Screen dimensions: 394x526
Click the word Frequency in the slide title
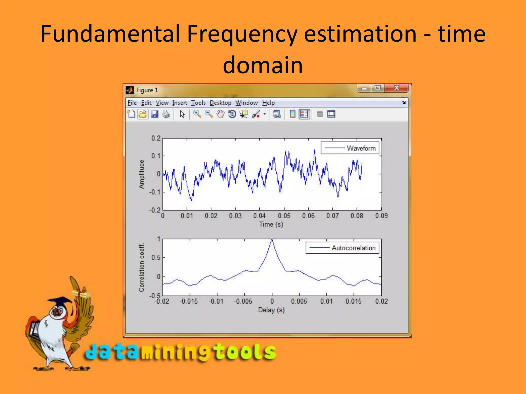[x=241, y=34]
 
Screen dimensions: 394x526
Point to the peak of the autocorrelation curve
[x=272, y=240]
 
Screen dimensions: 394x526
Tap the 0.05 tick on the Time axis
[x=284, y=216]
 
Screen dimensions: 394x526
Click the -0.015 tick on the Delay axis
[x=189, y=301]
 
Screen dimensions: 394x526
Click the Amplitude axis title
[x=142, y=174]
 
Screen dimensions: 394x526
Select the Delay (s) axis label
[x=271, y=310]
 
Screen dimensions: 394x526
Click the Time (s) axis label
[x=271, y=224]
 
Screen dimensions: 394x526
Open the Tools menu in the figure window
[x=198, y=103]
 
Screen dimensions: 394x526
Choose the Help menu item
[x=268, y=103]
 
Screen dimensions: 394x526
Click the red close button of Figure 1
[x=397, y=88]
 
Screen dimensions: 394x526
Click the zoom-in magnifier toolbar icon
[x=197, y=114]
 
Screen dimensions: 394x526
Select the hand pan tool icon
[x=220, y=114]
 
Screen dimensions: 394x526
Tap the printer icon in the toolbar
[x=166, y=114]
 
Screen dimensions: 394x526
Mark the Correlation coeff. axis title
[x=142, y=267]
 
